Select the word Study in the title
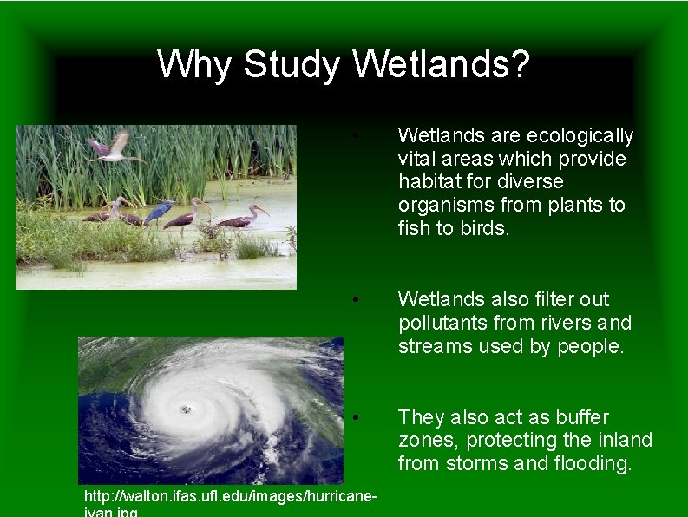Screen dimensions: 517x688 (x=292, y=66)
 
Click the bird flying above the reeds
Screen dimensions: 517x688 (x=115, y=147)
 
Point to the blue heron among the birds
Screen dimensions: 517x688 (x=160, y=212)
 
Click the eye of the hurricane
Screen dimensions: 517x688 (x=185, y=409)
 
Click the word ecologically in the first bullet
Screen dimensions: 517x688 (x=580, y=136)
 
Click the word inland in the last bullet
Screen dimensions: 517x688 (x=626, y=440)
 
